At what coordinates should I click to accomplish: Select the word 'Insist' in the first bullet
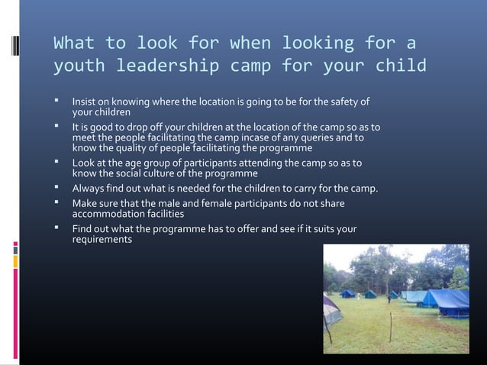coord(84,102)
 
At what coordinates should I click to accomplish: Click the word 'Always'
coord(89,189)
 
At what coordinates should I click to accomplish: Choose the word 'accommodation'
coord(109,215)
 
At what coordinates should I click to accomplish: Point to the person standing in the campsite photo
coord(389,298)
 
